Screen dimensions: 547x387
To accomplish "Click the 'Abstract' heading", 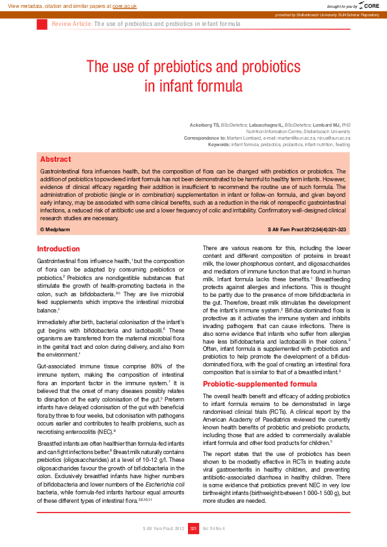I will point(55,159).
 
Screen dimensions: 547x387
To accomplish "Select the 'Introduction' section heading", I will point(59,249).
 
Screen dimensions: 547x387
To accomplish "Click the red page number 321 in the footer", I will point(193,529).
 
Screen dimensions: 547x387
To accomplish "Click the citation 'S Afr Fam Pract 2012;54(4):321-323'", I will point(307,230).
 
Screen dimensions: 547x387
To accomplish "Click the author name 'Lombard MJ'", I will point(327,124).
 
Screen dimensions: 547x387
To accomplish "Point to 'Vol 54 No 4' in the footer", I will point(214,529).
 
